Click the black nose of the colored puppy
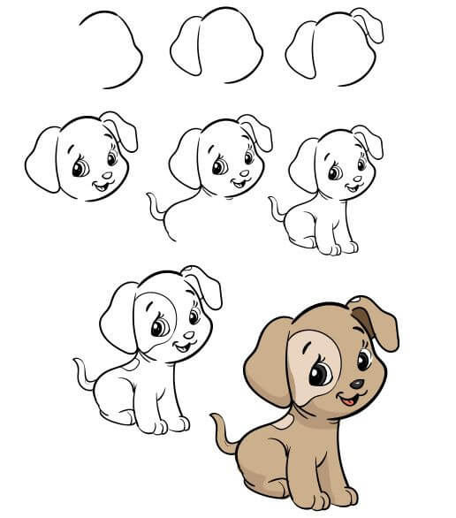pyautogui.click(x=355, y=385)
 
